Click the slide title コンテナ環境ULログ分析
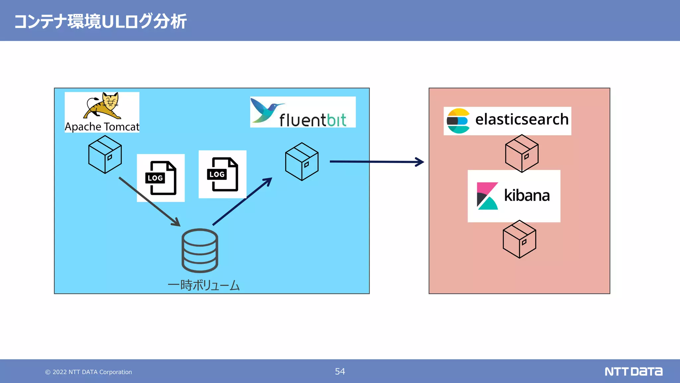point(100,21)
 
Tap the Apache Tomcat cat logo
point(103,106)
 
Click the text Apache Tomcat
point(102,127)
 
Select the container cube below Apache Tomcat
point(105,154)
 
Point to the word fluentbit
point(312,120)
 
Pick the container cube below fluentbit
point(302,162)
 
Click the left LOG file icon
point(161,178)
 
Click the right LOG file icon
point(222,174)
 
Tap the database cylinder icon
point(200,250)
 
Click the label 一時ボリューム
point(204,285)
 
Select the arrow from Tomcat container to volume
point(149,201)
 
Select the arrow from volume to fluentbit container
point(242,201)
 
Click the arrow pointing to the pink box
point(377,162)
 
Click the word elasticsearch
point(522,119)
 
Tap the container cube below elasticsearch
point(522,153)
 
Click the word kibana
point(527,195)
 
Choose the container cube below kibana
point(519,239)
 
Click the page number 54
point(340,371)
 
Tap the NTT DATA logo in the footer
point(633,371)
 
